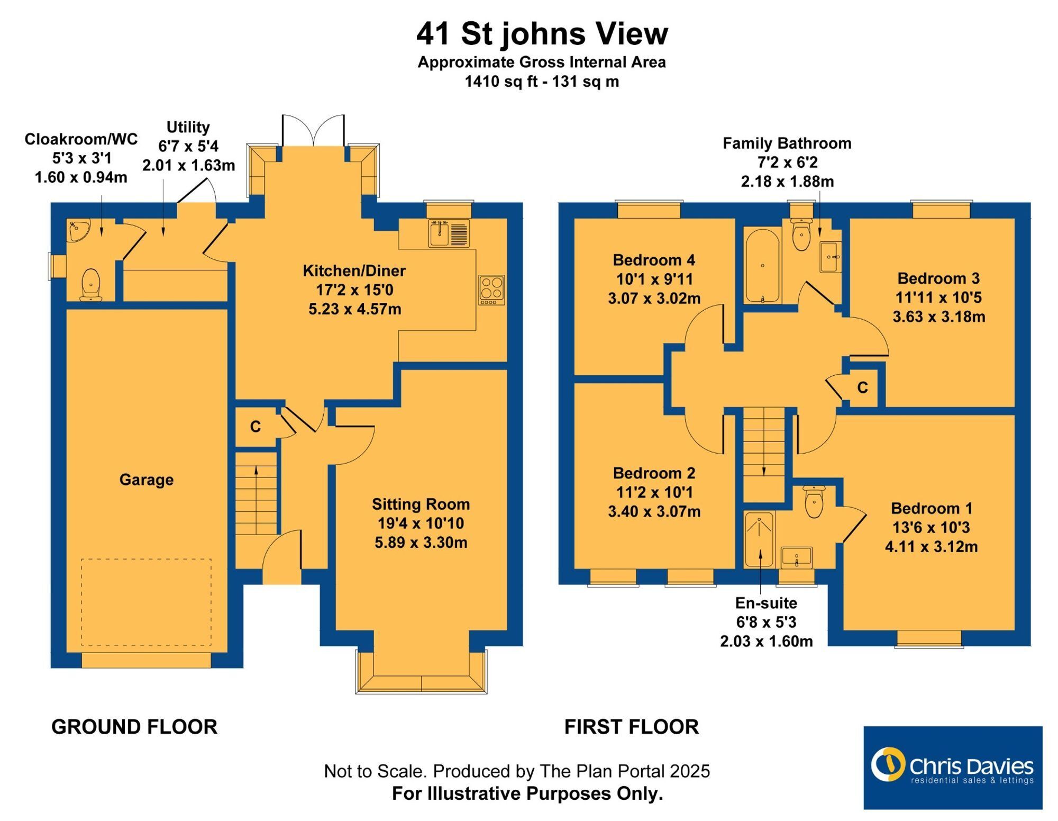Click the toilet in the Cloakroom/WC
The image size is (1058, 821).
[x=91, y=285]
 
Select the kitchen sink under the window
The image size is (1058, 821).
[x=449, y=233]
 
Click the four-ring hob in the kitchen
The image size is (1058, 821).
[x=491, y=290]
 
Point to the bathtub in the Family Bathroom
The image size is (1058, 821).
[x=762, y=266]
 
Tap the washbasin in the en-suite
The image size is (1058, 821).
[x=796, y=557]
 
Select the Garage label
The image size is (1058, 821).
[x=147, y=480]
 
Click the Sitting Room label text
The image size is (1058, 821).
[x=421, y=504]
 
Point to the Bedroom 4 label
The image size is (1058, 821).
[x=654, y=260]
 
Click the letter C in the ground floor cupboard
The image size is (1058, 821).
[x=256, y=427]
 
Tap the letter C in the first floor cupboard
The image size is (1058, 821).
[x=862, y=387]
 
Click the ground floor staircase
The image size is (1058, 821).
[x=256, y=493]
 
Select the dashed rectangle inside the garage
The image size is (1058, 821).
[x=147, y=602]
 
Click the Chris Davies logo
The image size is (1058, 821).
[x=953, y=767]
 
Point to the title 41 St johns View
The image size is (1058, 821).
[x=542, y=34]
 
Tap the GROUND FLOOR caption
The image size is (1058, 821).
[x=134, y=727]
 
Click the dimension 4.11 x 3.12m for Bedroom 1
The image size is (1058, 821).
[x=931, y=546]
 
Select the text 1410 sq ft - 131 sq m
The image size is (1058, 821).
[x=542, y=82]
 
